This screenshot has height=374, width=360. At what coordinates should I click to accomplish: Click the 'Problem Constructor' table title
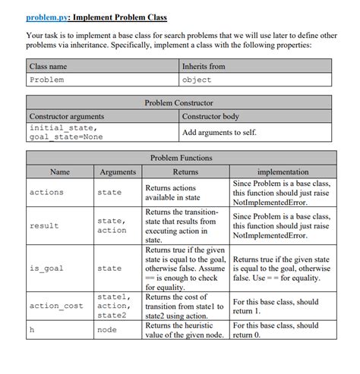(179, 102)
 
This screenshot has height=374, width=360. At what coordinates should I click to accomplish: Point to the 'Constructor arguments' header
(67, 116)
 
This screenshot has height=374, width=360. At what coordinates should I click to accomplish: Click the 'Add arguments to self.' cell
(219, 133)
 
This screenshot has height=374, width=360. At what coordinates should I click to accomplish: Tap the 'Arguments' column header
(118, 172)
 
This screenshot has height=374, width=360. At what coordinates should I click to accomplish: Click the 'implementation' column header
(283, 172)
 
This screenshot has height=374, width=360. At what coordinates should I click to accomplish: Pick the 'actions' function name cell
(46, 193)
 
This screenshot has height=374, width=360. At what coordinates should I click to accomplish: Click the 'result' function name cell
(44, 226)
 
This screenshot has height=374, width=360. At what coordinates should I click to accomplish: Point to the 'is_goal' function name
(46, 268)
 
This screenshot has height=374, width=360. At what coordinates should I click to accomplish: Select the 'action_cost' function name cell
(56, 306)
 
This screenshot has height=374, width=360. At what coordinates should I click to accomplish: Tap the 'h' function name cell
(32, 330)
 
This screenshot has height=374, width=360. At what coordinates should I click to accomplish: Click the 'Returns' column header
(185, 172)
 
